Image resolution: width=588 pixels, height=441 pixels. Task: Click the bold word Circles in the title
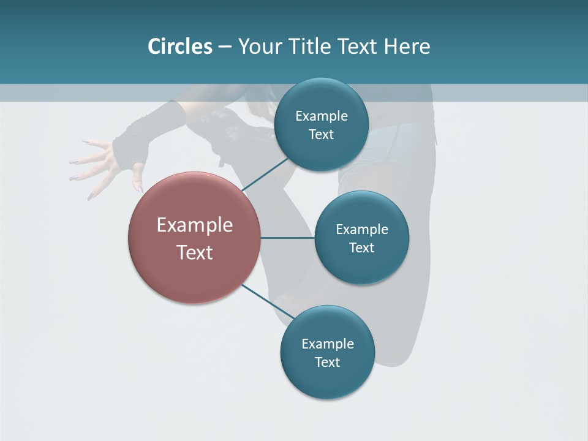click(x=180, y=47)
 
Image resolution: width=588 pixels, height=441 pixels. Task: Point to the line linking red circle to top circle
click(x=266, y=174)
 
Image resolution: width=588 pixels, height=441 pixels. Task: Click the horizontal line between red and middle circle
click(x=287, y=238)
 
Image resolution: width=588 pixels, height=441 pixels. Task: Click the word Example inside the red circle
click(x=195, y=225)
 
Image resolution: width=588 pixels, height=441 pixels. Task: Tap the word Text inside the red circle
click(x=195, y=252)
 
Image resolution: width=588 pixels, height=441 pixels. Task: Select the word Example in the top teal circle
click(x=322, y=116)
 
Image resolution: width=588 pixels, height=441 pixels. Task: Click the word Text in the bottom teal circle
click(x=327, y=363)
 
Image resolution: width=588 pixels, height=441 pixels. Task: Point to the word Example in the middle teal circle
click(x=362, y=230)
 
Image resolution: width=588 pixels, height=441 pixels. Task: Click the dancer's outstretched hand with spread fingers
click(x=98, y=162)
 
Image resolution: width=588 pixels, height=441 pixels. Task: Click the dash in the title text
click(x=225, y=47)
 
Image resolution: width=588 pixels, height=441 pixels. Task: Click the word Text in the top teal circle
click(x=322, y=135)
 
